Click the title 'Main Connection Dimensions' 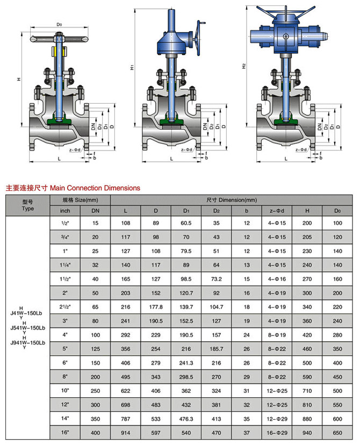click(x=95, y=188)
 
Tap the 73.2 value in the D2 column click(x=217, y=278)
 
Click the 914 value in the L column click(x=125, y=432)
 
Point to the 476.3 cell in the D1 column click(x=186, y=418)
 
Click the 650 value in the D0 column click(x=337, y=432)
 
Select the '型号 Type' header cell click(x=27, y=205)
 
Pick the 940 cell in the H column click(x=307, y=432)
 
